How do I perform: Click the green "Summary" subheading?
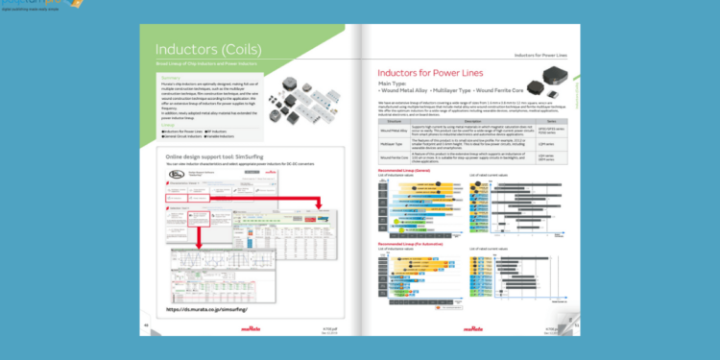click(172, 79)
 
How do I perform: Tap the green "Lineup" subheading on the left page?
click(168, 123)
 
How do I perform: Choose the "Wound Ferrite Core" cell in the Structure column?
click(395, 156)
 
